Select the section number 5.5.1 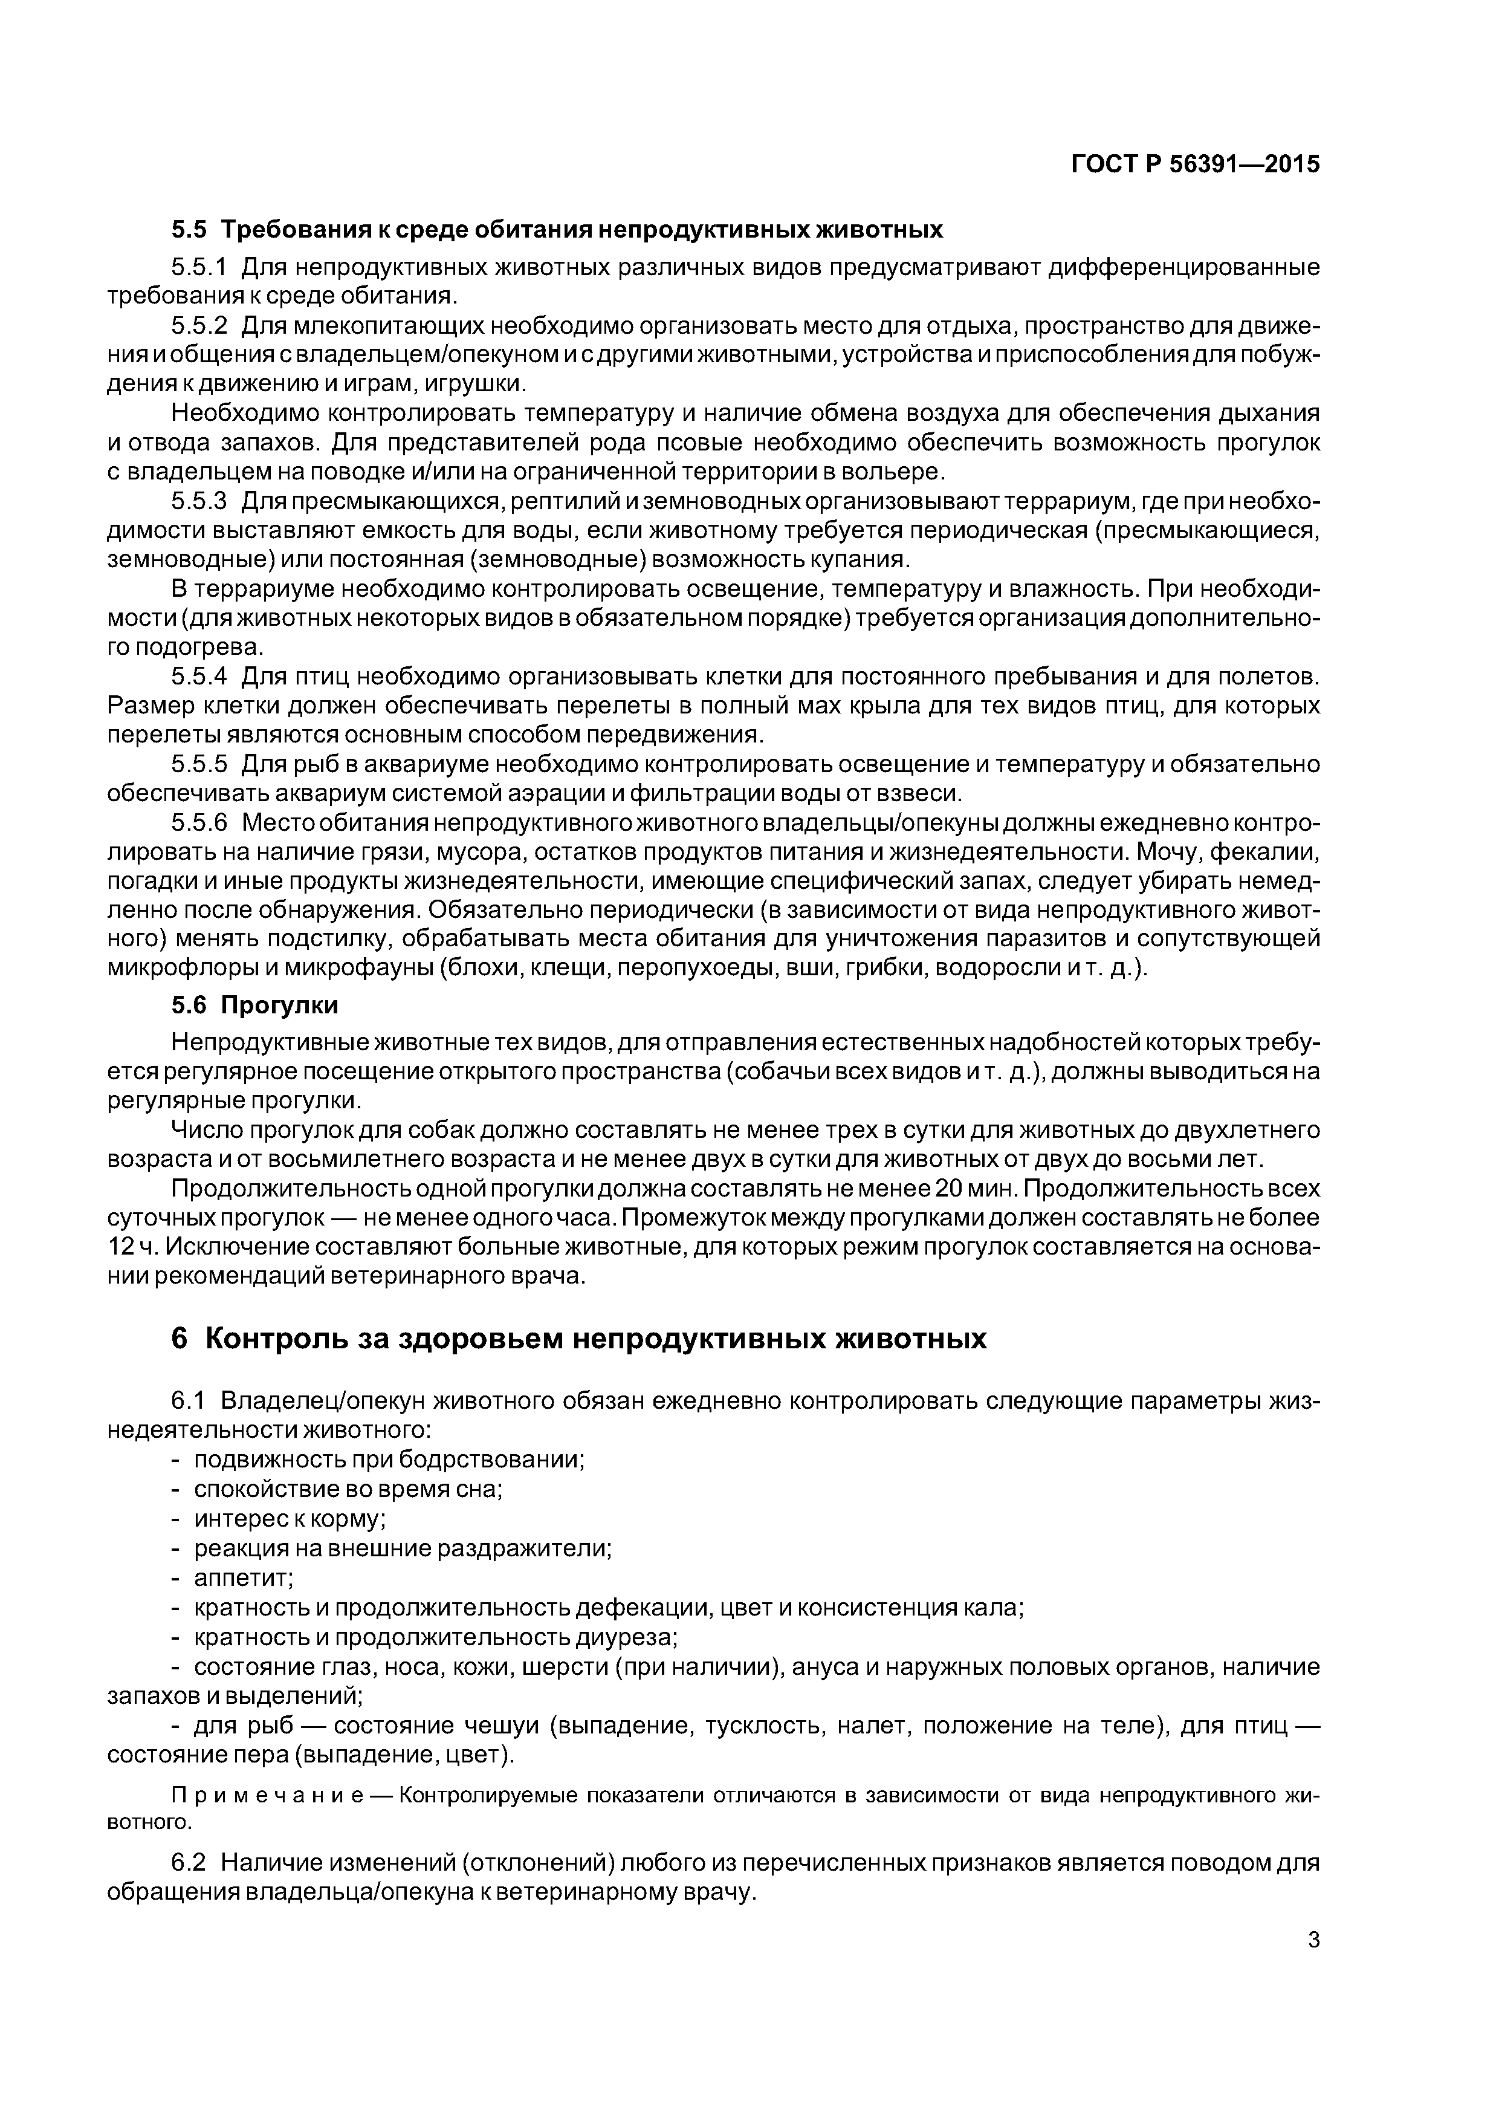coord(199,268)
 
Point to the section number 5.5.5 coord(199,764)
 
